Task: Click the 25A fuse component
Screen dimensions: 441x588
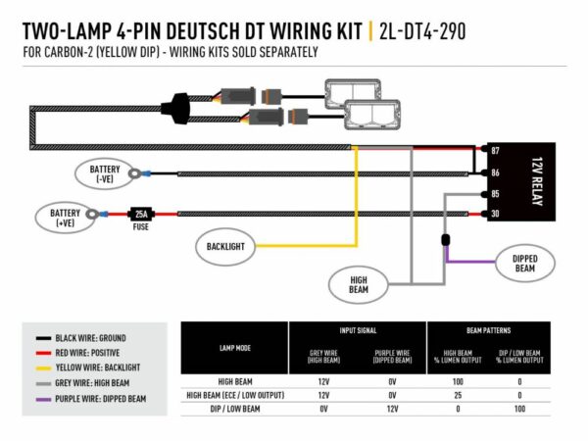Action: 140,213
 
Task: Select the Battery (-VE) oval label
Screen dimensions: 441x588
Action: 103,173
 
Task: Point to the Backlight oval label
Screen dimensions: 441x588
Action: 225,246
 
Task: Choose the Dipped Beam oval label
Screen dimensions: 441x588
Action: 524,262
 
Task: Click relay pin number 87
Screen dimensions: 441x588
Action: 496,151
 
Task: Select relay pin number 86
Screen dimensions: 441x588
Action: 496,172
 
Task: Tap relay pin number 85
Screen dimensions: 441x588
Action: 496,193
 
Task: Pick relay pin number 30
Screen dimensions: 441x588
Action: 496,214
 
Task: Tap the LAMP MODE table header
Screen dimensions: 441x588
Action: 234,347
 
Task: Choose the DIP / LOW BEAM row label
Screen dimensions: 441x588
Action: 234,408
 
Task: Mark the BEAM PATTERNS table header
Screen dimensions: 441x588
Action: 485,331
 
